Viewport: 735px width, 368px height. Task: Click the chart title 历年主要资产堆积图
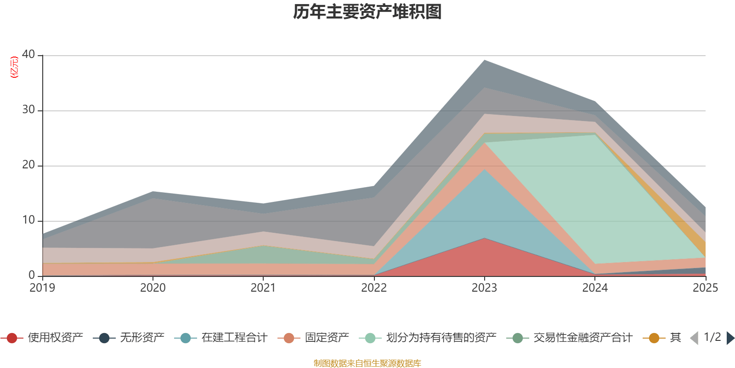tap(367, 12)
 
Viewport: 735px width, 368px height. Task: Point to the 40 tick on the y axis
tap(28, 54)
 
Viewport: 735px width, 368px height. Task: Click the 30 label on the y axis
tap(28, 109)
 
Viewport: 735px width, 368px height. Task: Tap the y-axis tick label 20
tap(28, 165)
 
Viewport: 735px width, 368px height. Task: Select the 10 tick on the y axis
tap(28, 220)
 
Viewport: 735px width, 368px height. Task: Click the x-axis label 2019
tap(42, 288)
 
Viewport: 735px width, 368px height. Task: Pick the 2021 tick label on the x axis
tap(263, 288)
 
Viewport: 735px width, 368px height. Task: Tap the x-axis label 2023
tap(484, 288)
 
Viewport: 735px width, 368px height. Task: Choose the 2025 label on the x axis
tap(705, 288)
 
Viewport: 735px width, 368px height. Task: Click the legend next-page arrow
tap(730, 338)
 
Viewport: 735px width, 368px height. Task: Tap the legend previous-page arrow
tap(694, 338)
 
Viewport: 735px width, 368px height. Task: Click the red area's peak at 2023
tap(484, 238)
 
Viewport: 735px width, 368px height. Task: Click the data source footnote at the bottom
tap(367, 363)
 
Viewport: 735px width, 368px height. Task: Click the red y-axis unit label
tap(14, 67)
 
